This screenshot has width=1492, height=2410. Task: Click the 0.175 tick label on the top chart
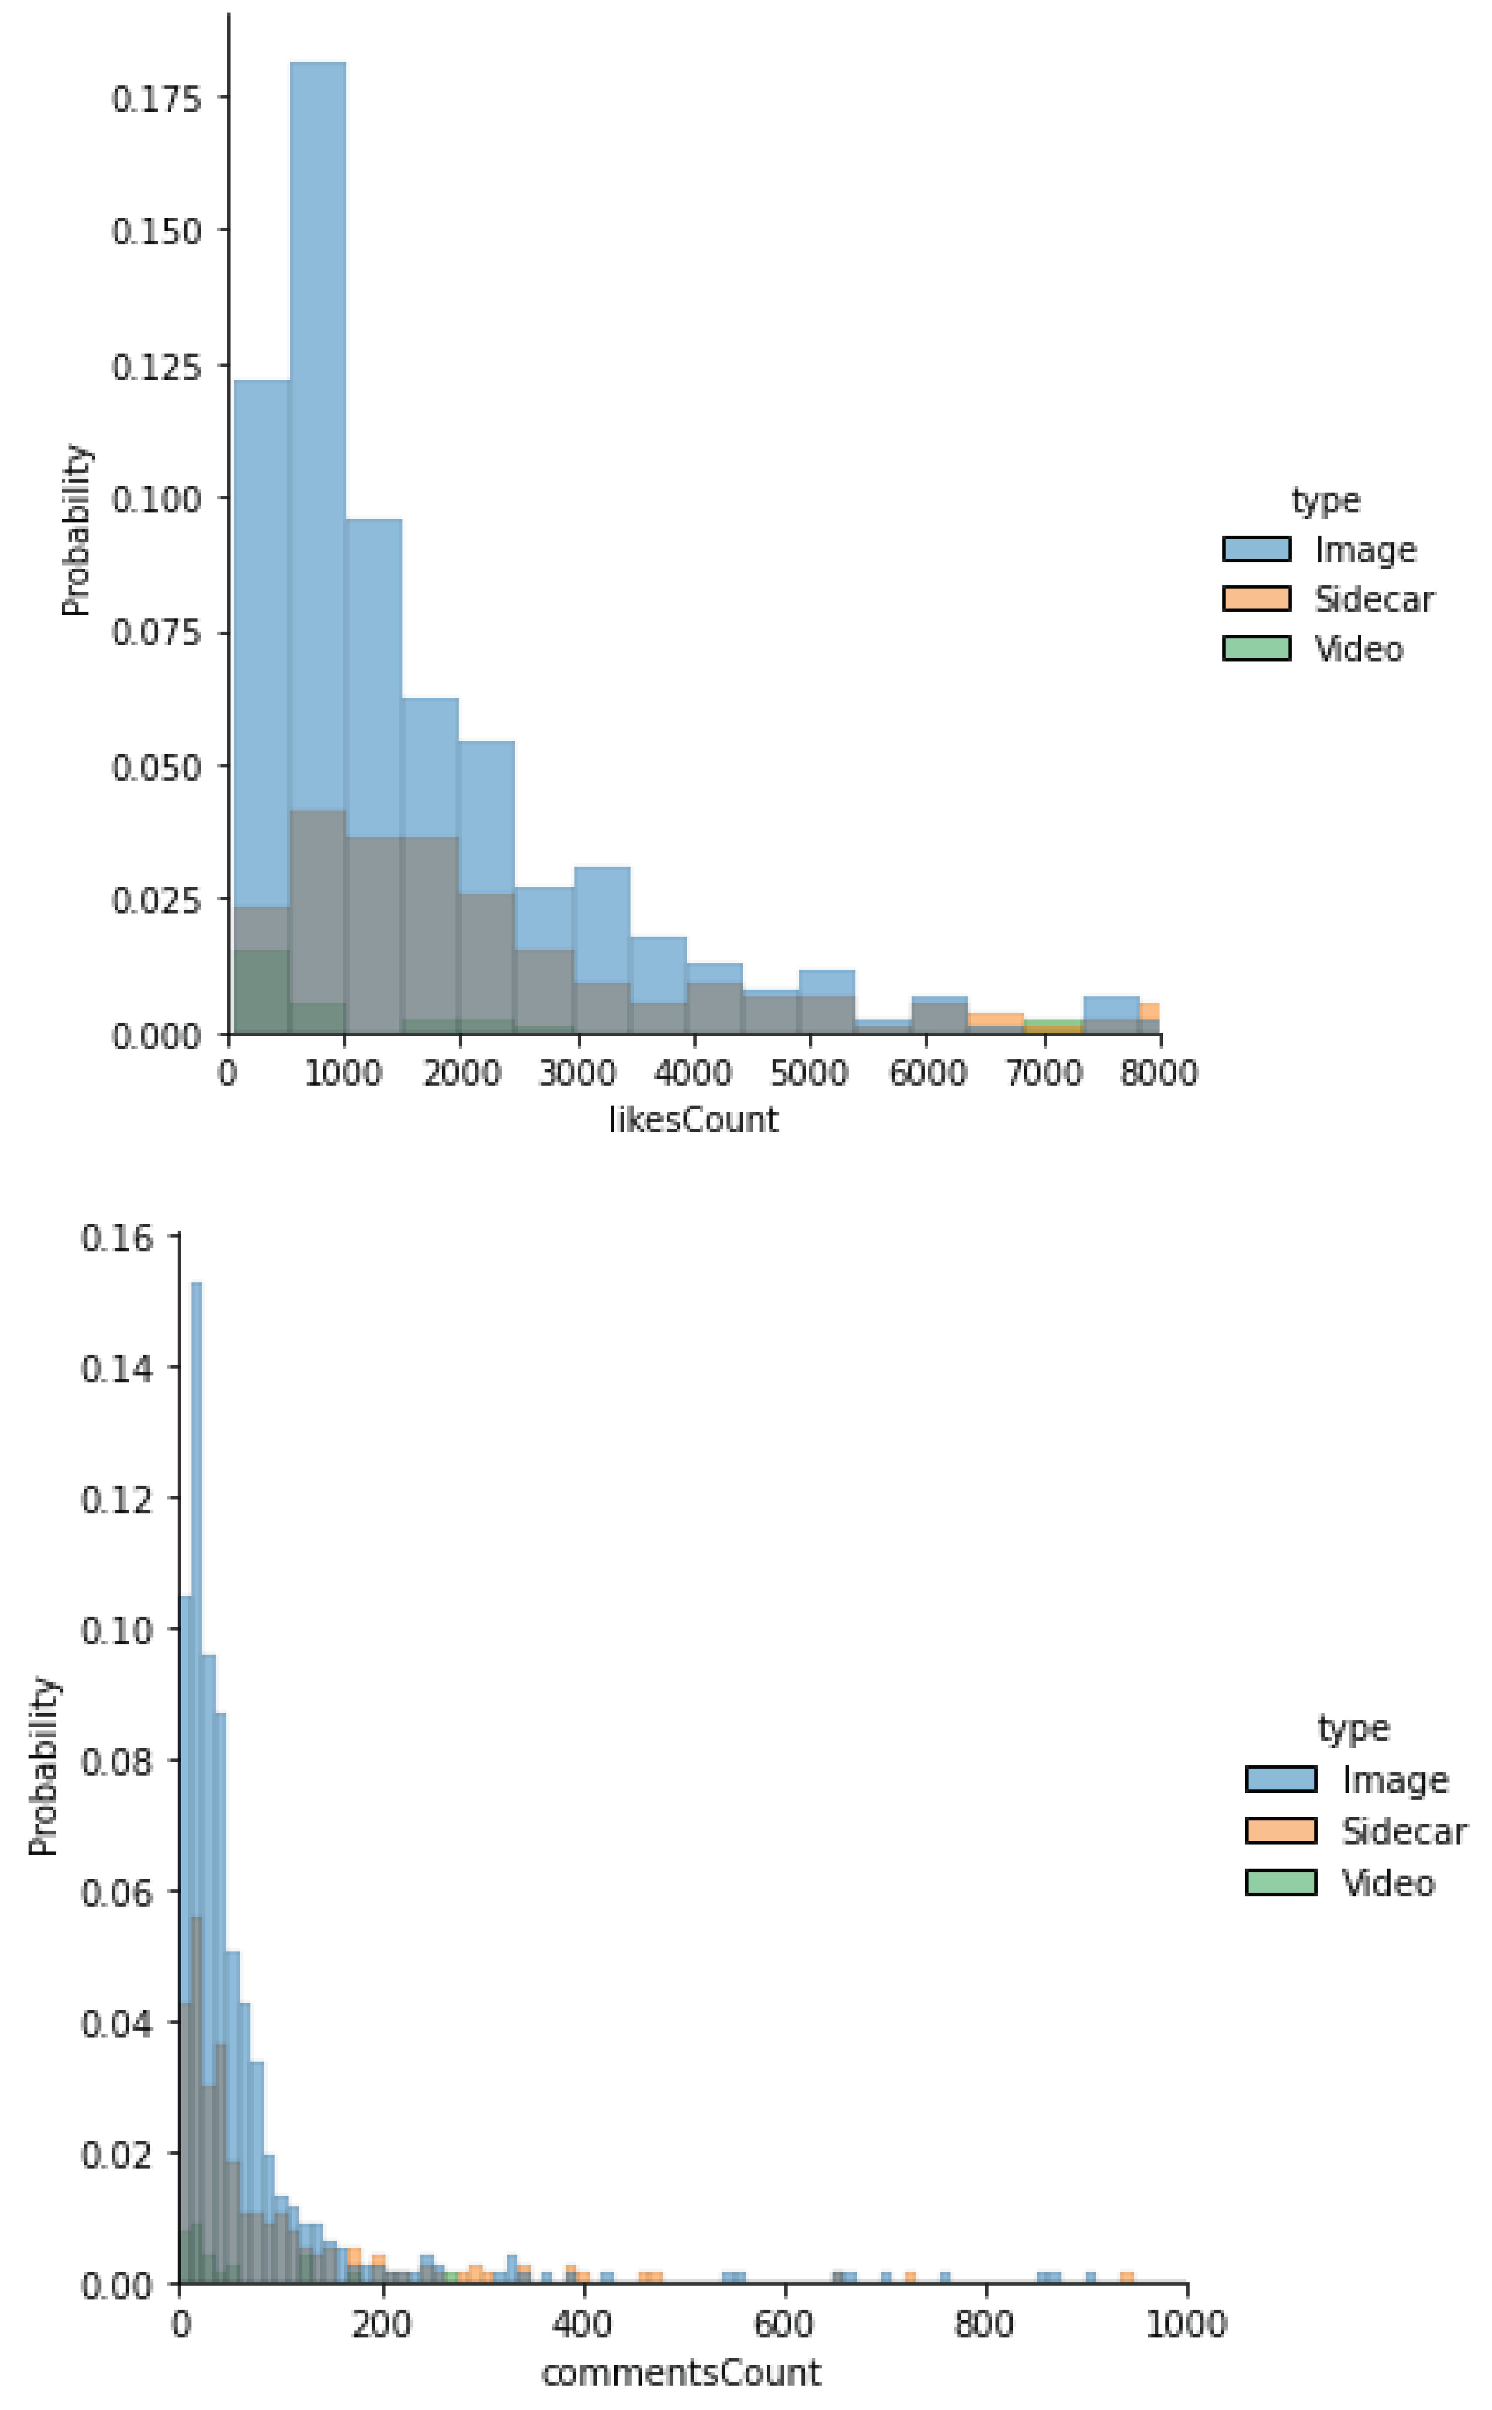coord(156,99)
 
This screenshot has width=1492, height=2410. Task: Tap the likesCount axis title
coord(693,1120)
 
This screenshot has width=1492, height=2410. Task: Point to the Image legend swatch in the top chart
coord(1256,549)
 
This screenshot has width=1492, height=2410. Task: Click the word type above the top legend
coord(1325,500)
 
